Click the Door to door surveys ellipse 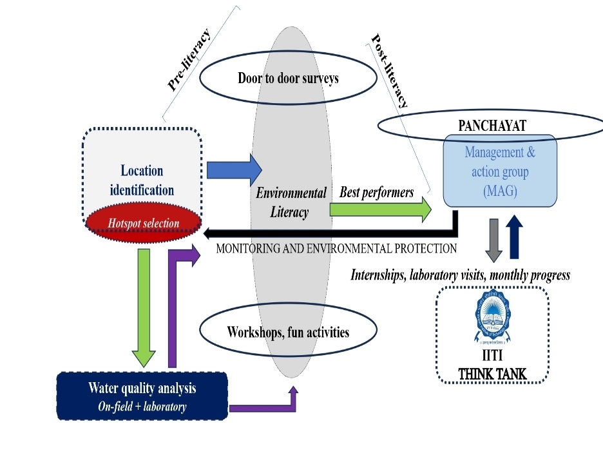coord(287,79)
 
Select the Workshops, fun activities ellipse coord(287,333)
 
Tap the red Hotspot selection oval coord(144,223)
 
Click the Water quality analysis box coord(142,396)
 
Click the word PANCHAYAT coord(492,126)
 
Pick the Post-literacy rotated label coord(389,71)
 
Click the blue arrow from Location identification coord(234,170)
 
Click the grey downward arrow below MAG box coord(493,240)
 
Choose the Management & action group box coord(500,171)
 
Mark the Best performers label coord(377,192)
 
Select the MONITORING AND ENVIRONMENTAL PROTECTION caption coord(336,248)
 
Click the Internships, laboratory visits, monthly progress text coord(459,275)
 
